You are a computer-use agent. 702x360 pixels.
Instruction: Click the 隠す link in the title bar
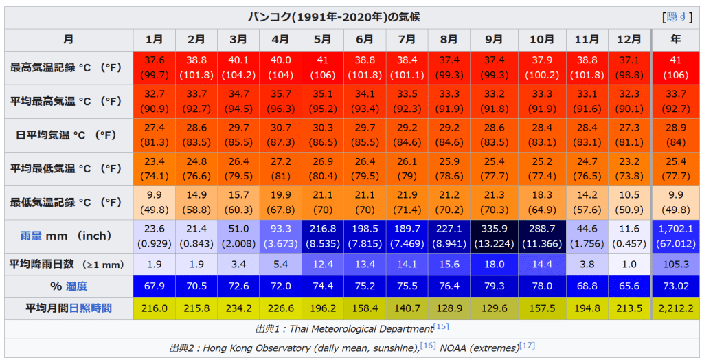[677, 17]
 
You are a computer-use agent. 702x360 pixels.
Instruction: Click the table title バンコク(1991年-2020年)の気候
[330, 17]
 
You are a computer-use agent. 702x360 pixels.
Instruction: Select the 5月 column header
[322, 39]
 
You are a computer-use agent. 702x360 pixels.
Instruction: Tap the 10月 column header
[542, 39]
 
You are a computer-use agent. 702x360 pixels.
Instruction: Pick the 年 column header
[676, 39]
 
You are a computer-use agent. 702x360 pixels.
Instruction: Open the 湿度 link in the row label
[76, 286]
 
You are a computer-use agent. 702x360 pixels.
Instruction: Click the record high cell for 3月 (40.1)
[238, 67]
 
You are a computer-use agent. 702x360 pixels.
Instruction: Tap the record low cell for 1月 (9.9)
[154, 202]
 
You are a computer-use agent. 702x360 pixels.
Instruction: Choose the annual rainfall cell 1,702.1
[676, 237]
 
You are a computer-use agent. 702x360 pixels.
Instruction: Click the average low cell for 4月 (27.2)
[280, 168]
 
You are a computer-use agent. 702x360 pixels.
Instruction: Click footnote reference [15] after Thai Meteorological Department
[441, 327]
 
